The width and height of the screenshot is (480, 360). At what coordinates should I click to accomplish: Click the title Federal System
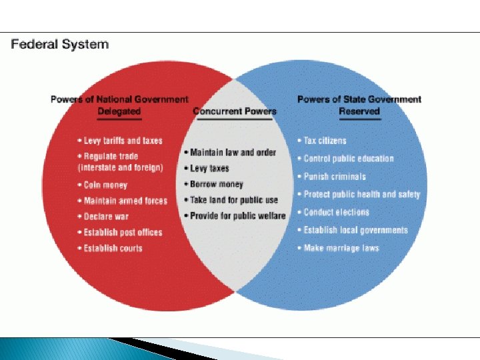(x=59, y=45)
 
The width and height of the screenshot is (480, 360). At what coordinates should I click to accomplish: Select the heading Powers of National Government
(x=119, y=99)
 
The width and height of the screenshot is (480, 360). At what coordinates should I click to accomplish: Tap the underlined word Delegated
(x=119, y=111)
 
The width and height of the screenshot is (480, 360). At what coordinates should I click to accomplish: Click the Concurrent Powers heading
(x=235, y=111)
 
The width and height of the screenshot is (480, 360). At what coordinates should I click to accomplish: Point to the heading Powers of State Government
(x=359, y=99)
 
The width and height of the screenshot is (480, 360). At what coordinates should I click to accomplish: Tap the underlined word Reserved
(x=359, y=111)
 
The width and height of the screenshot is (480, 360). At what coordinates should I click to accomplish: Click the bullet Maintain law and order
(x=233, y=153)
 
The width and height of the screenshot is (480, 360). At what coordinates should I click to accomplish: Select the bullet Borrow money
(x=217, y=185)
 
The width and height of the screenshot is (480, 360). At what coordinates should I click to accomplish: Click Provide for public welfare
(x=237, y=216)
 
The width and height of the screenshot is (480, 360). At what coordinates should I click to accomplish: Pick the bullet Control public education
(x=349, y=159)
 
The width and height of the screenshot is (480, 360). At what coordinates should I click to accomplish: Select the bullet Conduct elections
(x=336, y=213)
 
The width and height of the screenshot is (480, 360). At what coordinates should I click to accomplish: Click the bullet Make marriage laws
(x=341, y=248)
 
